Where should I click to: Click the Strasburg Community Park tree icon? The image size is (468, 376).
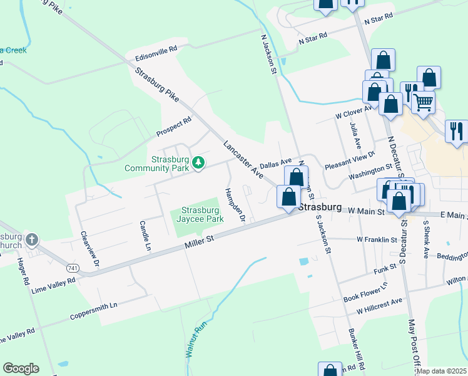[198, 163]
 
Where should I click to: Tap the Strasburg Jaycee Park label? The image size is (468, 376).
[202, 215]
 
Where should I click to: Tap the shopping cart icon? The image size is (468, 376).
[424, 102]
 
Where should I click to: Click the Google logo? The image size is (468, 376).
[21, 368]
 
